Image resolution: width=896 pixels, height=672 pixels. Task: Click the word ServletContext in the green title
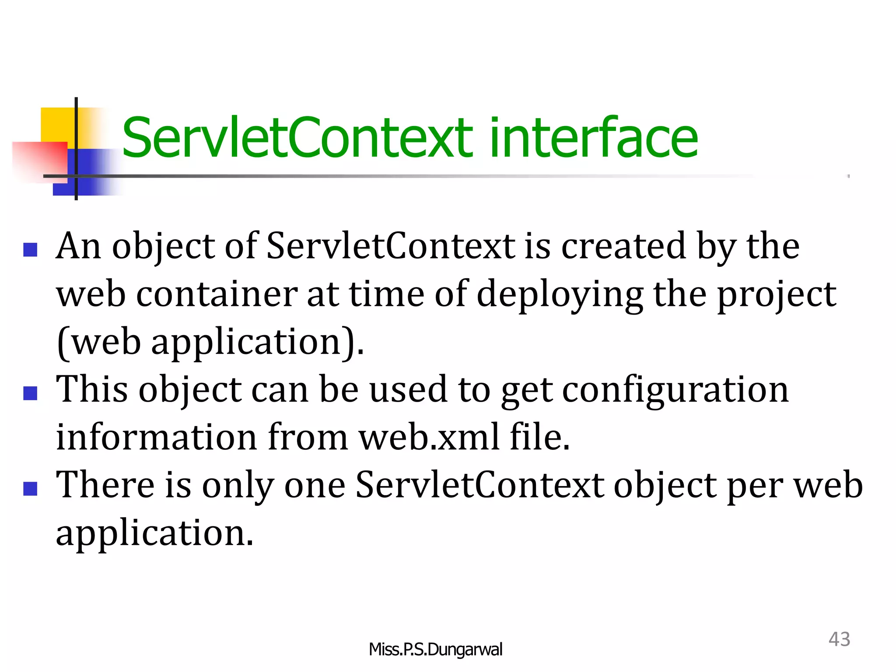point(297,138)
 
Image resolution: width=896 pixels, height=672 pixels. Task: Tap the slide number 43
point(839,639)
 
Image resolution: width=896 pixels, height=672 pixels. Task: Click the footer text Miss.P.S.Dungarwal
point(435,649)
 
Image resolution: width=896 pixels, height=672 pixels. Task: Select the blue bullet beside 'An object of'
point(30,250)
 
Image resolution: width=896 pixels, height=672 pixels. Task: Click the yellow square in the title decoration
point(57,124)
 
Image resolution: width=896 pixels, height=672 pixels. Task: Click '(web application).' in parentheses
point(210,343)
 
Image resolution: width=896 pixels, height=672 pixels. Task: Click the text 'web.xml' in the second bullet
point(429,437)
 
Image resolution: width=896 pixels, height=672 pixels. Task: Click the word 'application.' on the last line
point(154,534)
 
